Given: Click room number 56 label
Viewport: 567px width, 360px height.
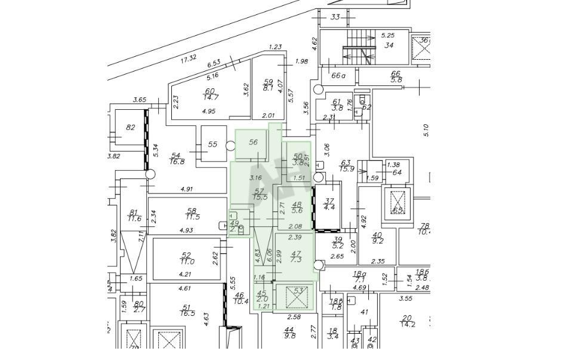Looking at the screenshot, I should coord(253,142).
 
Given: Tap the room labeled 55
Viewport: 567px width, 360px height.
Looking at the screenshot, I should coord(213,144).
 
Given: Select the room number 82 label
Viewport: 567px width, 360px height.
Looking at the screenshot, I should coord(131,127).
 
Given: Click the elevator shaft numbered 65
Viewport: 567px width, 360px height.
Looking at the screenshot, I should coord(397,204).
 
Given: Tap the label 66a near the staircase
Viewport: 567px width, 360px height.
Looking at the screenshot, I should coord(339,76).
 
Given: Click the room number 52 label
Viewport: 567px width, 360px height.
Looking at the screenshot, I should coord(186,255).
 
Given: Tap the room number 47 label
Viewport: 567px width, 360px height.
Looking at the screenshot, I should coord(295,254).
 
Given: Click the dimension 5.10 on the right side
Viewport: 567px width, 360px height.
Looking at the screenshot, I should coord(426,130).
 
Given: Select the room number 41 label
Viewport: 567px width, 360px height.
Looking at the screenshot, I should coord(364,312).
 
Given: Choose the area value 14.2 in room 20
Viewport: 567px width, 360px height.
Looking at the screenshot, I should coord(408,325).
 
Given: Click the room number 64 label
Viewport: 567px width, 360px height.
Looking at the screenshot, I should coord(397,173).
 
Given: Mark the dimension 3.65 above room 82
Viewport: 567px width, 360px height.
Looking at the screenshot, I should coord(140,100).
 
